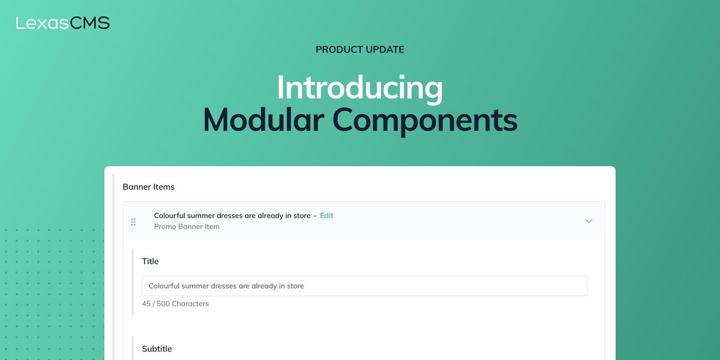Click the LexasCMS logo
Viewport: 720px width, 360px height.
tap(62, 23)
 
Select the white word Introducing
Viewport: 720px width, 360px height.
tap(359, 88)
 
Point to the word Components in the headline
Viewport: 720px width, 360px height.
tap(425, 120)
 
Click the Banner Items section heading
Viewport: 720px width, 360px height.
tap(148, 187)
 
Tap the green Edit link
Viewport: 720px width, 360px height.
tap(326, 215)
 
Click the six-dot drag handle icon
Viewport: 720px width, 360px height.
tap(133, 222)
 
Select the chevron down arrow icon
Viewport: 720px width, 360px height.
tap(589, 221)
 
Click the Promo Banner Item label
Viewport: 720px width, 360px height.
tap(187, 227)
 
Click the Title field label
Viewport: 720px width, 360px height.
tap(150, 261)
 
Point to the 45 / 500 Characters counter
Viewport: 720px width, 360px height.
tap(175, 304)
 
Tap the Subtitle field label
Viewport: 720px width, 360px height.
tap(157, 349)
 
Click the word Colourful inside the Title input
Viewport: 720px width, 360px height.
tap(164, 286)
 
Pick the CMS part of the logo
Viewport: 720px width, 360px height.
tap(90, 23)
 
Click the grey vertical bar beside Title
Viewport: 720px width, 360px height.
tap(133, 281)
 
